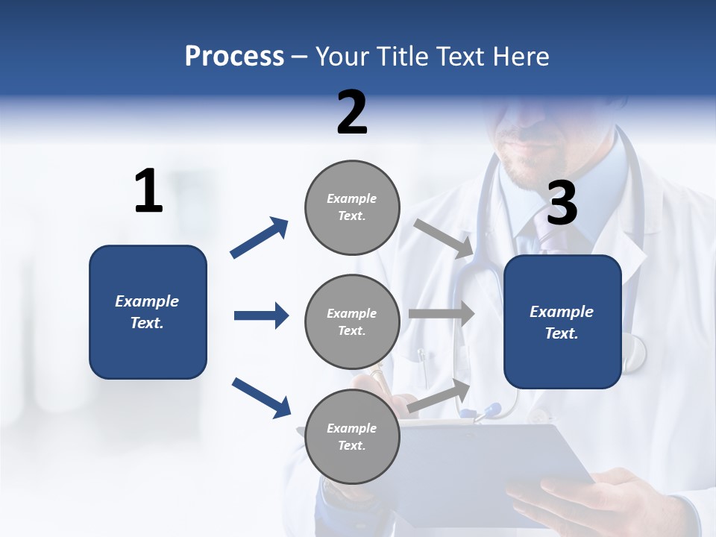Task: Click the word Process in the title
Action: pos(234,57)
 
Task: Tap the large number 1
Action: pos(148,192)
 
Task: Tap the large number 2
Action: pos(352,113)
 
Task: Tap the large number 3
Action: pos(562,204)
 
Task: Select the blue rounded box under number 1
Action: pos(148,312)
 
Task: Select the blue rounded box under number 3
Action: pos(562,322)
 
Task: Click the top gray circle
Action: pos(352,207)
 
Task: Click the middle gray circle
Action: pos(352,322)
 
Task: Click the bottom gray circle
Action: pos(352,437)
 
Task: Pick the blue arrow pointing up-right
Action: pos(260,238)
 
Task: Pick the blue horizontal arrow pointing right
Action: pos(261,315)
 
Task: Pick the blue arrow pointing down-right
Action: pos(261,397)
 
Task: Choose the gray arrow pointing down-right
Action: pos(445,238)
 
